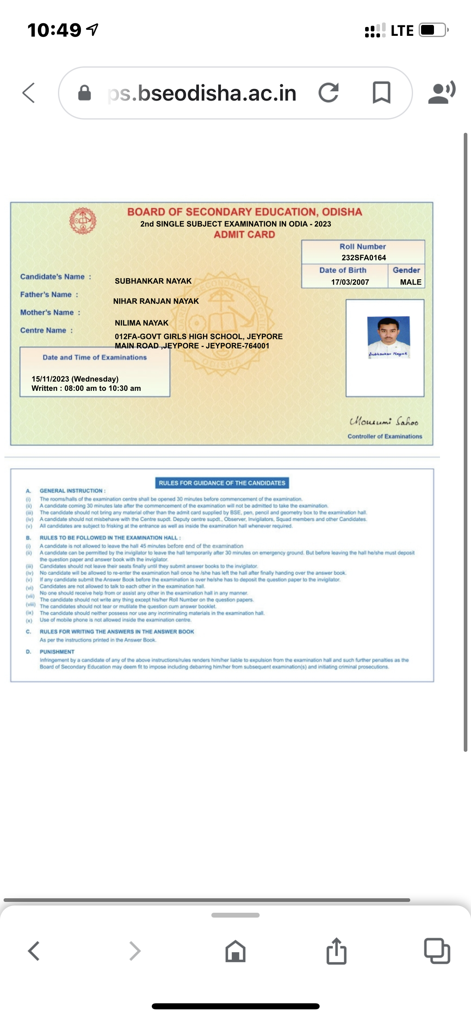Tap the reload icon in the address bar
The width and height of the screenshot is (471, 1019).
coord(328,93)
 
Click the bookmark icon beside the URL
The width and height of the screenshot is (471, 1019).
coord(381,93)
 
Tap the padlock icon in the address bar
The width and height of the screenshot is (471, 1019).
coord(84,93)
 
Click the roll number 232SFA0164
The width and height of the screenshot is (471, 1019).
coord(364,258)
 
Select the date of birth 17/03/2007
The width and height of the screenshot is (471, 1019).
coord(350,282)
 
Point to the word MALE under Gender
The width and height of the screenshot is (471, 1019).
coord(411,282)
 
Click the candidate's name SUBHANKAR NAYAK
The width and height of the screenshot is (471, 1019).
coord(153,281)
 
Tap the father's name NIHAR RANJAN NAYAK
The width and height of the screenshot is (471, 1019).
coord(156,301)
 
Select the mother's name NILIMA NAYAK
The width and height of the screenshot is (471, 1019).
coord(141,323)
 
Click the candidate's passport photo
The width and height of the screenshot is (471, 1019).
coord(388,336)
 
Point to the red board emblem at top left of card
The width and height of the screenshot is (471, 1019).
coord(83,221)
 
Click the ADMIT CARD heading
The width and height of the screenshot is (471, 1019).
coord(244,235)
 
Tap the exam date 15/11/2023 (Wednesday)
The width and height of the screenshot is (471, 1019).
coord(75,379)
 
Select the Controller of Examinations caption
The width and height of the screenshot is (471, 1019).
coord(385,436)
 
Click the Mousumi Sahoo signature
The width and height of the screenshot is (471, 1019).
coord(384,421)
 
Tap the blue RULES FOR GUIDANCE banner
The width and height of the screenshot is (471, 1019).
coord(222,483)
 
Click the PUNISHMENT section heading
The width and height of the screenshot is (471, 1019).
coord(57,652)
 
